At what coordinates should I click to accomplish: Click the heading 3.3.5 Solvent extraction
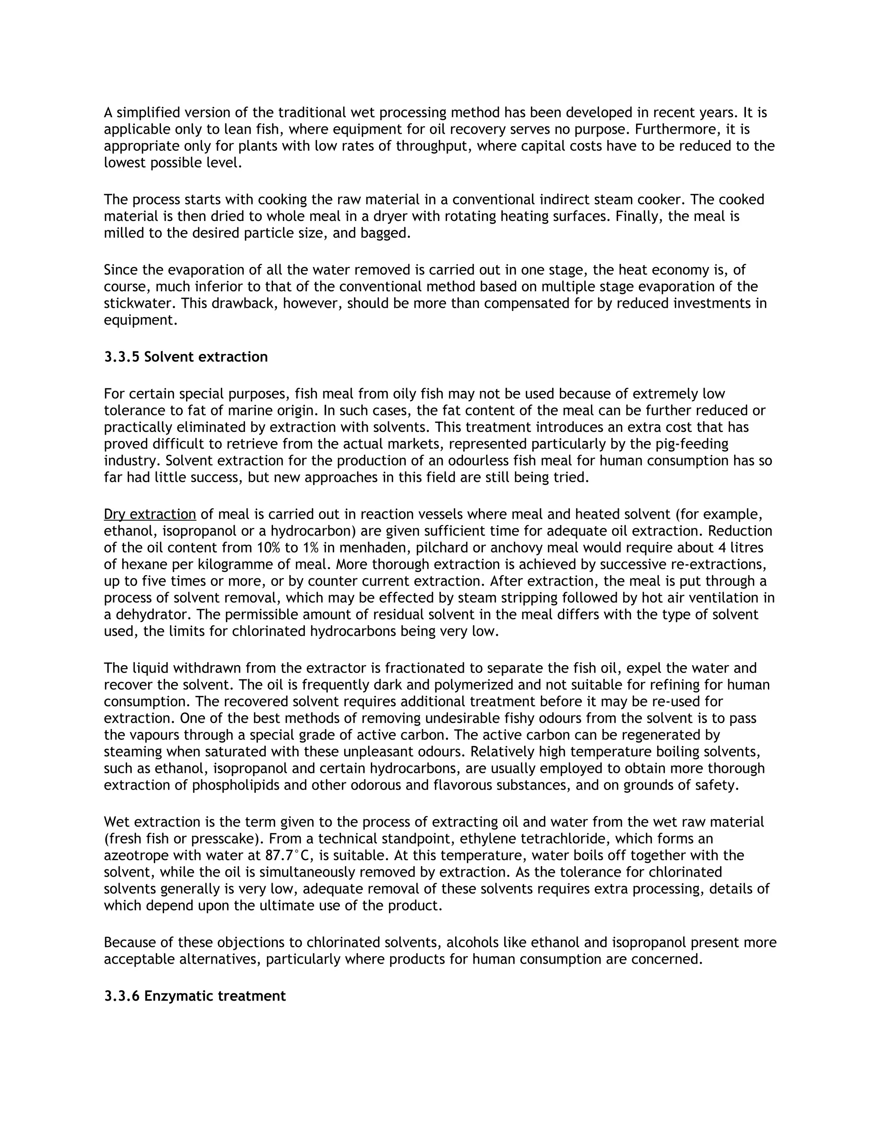pos(186,357)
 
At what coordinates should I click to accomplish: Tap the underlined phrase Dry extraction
pos(149,515)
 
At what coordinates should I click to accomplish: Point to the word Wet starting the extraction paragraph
pos(117,822)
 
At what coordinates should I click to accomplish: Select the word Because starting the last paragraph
pos(129,943)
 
